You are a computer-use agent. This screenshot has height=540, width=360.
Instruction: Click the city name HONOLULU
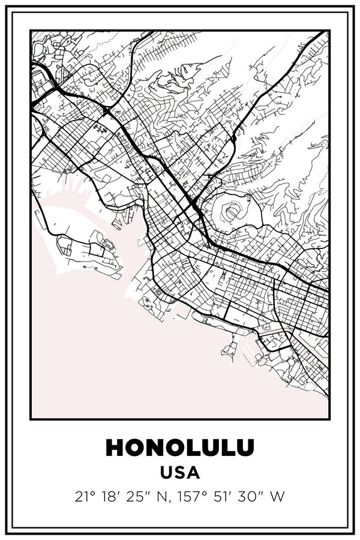coord(180,448)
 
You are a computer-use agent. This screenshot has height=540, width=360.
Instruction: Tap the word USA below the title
coord(180,473)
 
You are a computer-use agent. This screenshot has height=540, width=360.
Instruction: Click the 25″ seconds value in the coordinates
coord(141,497)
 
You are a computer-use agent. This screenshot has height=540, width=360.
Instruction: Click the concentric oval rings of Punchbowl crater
coord(231,211)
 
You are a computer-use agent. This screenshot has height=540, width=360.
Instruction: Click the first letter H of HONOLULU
coord(115,448)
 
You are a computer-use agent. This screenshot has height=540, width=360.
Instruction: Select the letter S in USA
coord(180,473)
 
